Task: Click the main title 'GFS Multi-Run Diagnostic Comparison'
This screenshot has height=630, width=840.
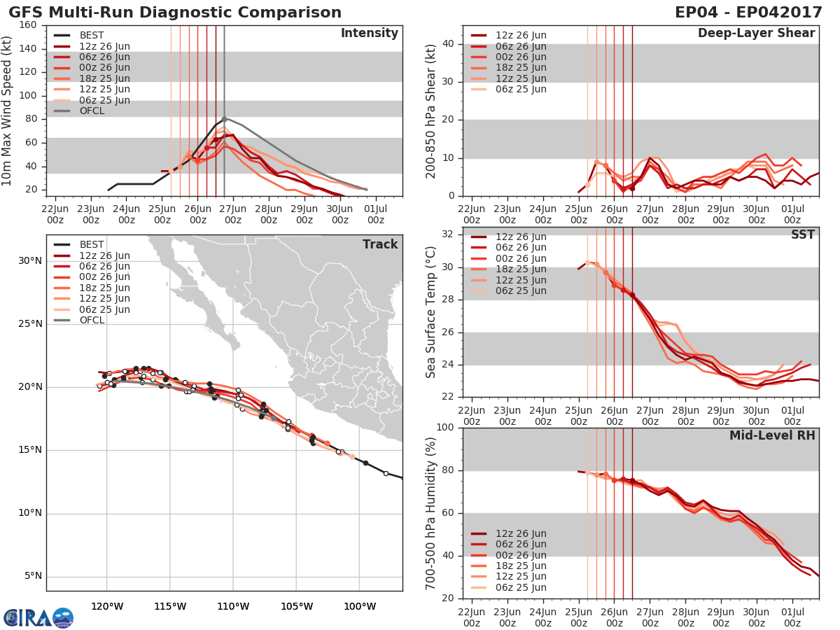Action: tap(175, 13)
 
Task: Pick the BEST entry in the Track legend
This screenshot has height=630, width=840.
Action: tap(92, 244)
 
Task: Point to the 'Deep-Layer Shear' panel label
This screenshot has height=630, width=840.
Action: tap(756, 34)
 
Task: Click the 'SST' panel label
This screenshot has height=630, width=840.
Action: tap(802, 234)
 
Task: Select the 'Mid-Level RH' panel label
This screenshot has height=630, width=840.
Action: tap(772, 435)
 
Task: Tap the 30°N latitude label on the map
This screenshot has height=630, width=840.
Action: tap(29, 261)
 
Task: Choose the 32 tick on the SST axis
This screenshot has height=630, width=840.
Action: tap(449, 234)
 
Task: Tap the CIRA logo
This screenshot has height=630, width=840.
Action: tap(38, 617)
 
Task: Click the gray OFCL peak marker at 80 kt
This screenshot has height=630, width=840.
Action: tap(224, 119)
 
